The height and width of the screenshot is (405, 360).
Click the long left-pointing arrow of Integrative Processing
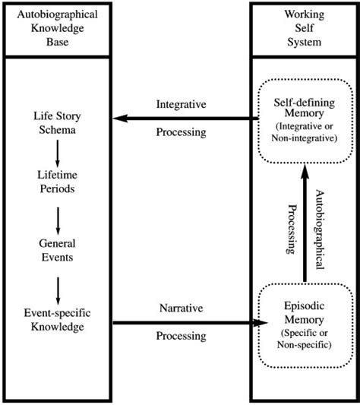pos(182,118)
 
